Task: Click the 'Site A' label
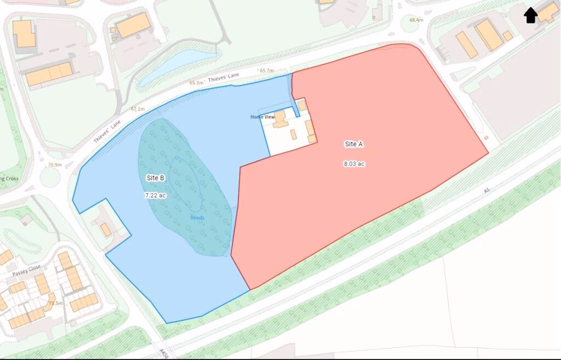pos(354,144)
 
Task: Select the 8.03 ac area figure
pos(354,163)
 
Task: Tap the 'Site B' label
pos(156,178)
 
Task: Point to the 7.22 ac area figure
pos(155,195)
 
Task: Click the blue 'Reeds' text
pos(197,218)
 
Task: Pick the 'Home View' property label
pos(262,117)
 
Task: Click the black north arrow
pos(530,15)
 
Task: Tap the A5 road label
pos(486,191)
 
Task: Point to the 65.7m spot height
pos(267,71)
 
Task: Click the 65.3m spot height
pos(197,83)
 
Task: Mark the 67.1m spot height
pos(138,109)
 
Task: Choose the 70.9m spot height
pos(55,164)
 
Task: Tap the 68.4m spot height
pos(416,20)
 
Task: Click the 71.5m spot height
pos(55,303)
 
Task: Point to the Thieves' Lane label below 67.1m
pos(107,132)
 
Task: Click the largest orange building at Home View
pos(280,118)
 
